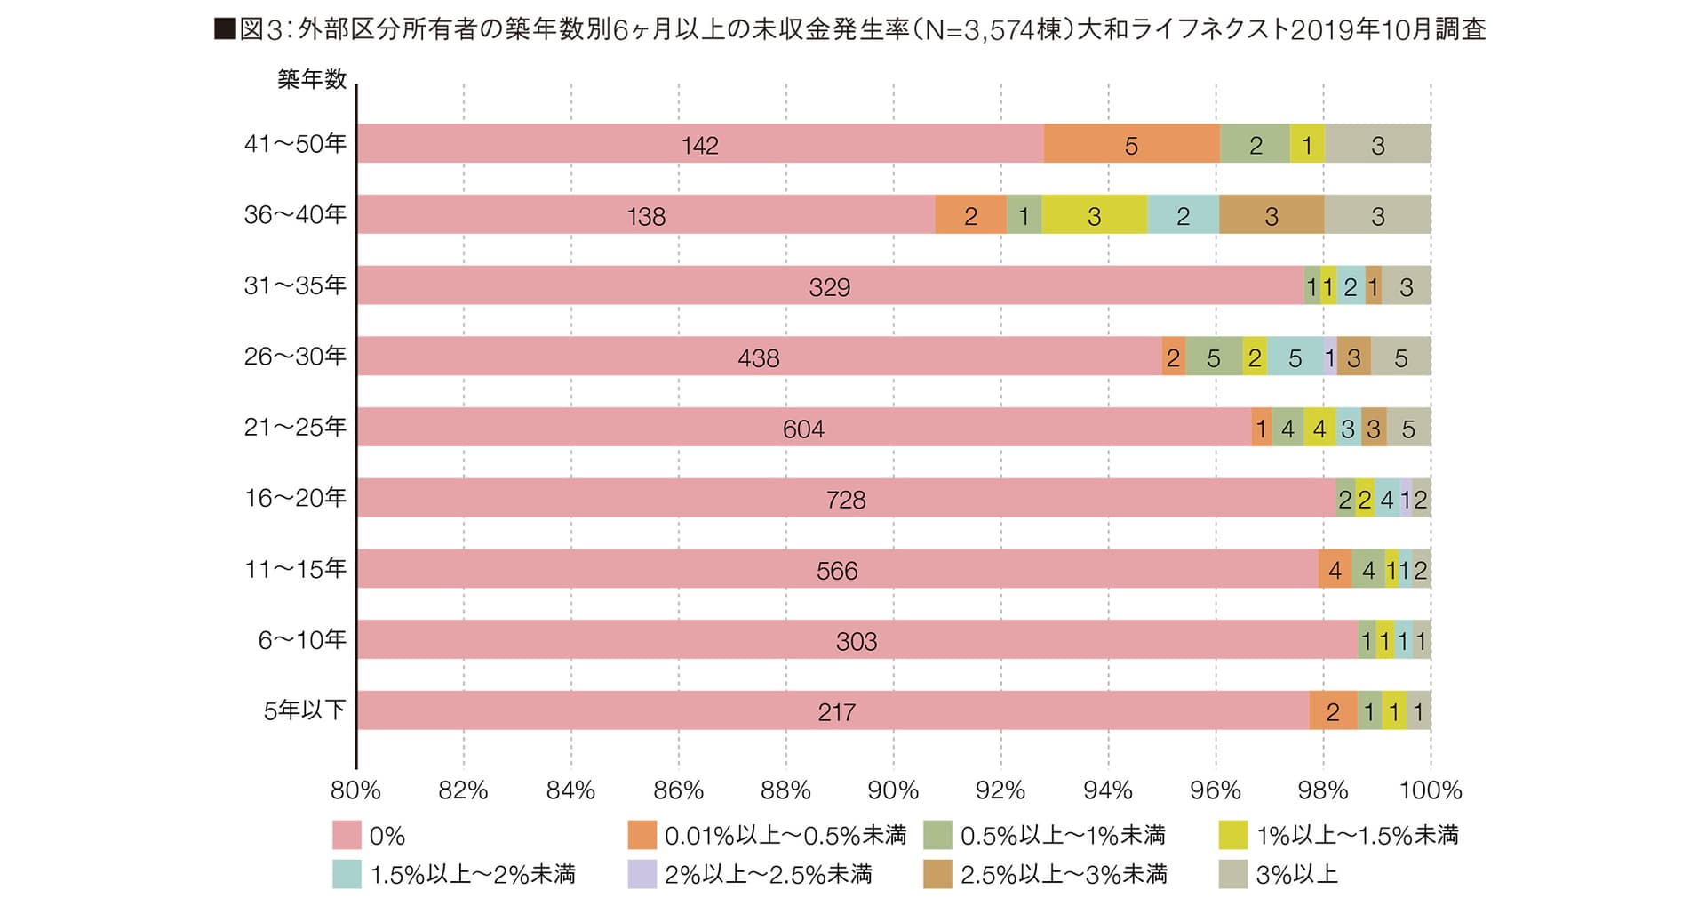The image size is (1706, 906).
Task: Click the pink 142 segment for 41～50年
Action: [699, 144]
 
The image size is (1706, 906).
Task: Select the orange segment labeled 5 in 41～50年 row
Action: [1131, 144]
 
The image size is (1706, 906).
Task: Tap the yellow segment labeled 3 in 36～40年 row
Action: [1094, 215]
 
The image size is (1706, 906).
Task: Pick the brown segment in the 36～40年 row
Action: [1271, 215]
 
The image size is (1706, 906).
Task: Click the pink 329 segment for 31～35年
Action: [829, 286]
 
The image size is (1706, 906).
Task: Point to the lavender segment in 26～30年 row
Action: [1329, 357]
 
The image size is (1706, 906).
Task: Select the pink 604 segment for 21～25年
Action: [803, 428]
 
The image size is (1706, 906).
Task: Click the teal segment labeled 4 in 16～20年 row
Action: [1386, 499]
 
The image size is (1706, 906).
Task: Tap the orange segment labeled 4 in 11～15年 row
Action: [1335, 570]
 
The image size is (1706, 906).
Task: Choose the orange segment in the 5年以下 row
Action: [1333, 711]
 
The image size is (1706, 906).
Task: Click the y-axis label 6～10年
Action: [302, 640]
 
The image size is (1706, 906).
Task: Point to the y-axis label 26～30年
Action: [295, 357]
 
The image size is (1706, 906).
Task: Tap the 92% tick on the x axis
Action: [1000, 790]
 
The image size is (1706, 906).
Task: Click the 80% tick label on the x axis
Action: [355, 790]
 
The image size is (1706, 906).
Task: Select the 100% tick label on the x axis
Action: [1431, 790]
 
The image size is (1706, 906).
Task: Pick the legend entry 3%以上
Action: [1296, 875]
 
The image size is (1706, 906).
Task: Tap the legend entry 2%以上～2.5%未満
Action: [768, 875]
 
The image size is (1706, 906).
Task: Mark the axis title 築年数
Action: [311, 79]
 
